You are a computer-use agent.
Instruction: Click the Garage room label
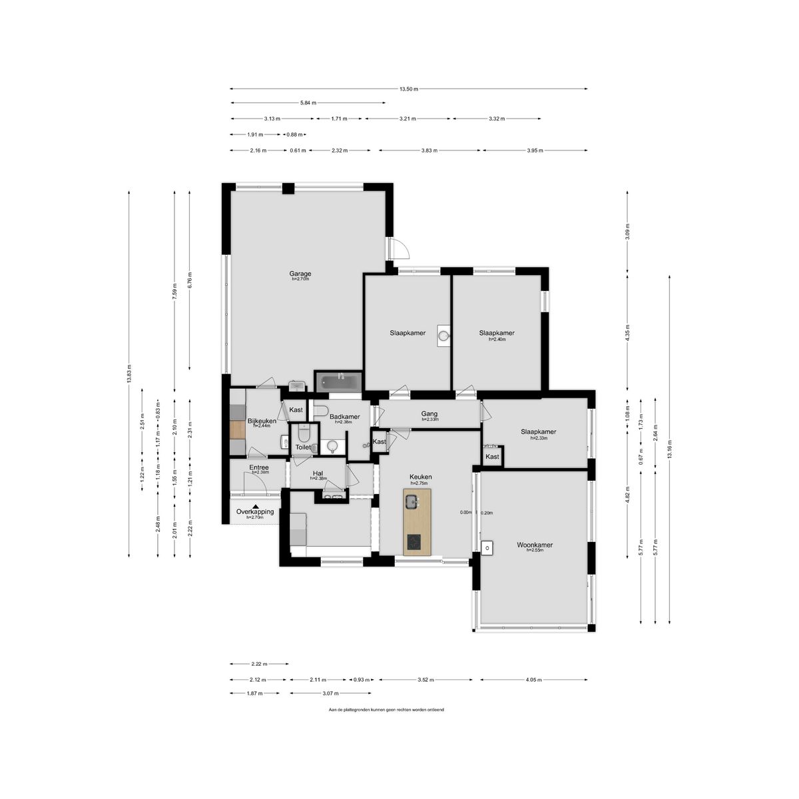coord(300,274)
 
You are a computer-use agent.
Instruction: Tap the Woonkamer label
coord(535,545)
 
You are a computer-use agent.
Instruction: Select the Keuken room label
coord(421,477)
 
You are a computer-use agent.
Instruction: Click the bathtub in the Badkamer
coord(339,382)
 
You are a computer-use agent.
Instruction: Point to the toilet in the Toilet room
coord(304,435)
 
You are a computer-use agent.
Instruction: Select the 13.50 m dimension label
coord(409,89)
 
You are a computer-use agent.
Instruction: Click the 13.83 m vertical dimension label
coord(129,374)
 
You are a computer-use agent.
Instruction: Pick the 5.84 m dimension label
coord(308,103)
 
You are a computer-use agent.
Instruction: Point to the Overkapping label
coord(255,511)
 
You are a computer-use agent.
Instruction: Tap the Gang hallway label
coord(429,413)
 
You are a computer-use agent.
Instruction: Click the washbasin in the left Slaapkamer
coord(445,336)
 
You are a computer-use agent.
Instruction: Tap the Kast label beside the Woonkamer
coord(492,457)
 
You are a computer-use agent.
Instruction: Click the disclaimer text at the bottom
coord(386,710)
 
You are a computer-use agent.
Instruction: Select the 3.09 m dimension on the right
coord(627,231)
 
